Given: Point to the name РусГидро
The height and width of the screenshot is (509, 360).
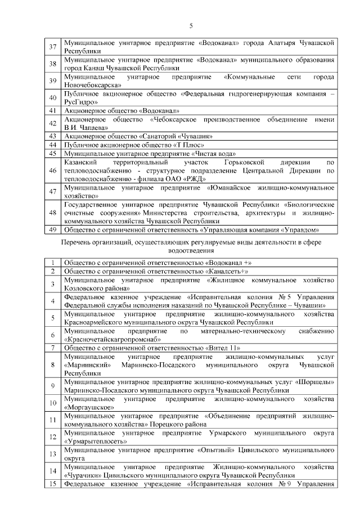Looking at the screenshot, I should pos(82,102).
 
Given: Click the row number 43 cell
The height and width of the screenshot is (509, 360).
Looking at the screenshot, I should pos(53,136).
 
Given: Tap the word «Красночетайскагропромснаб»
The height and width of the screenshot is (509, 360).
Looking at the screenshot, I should pos(112,339).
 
